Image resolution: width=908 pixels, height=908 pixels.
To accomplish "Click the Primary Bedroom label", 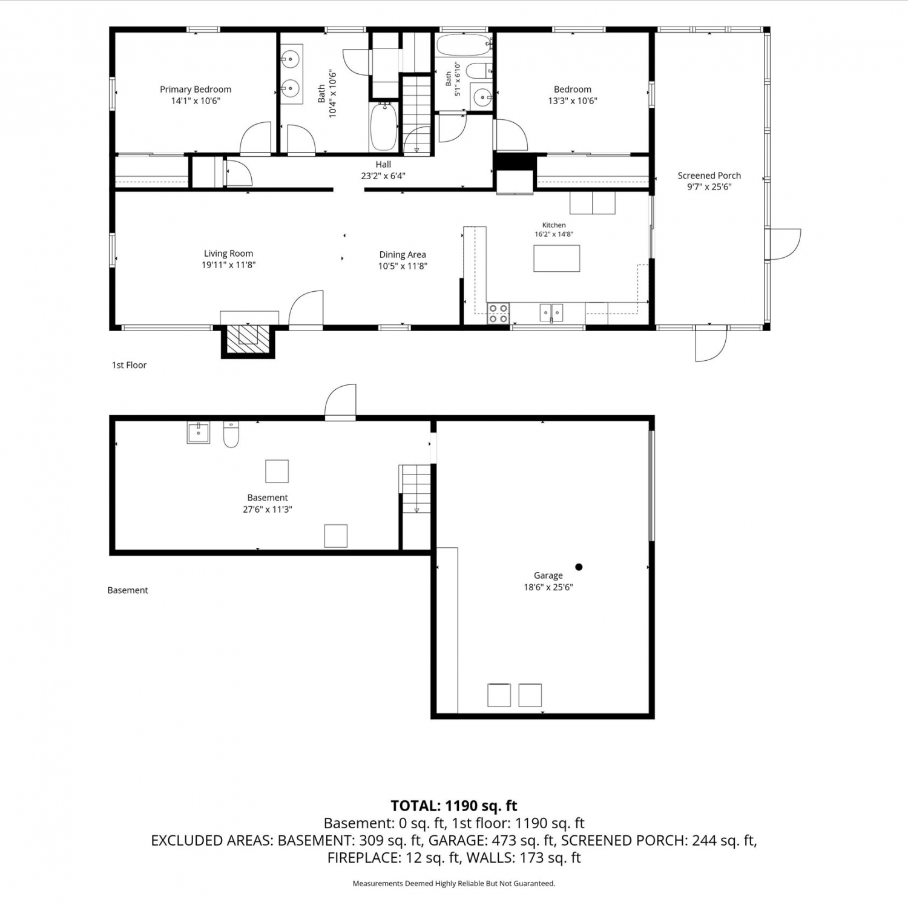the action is pos(196,90).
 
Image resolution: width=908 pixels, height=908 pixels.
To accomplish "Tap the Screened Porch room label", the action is pos(709,176).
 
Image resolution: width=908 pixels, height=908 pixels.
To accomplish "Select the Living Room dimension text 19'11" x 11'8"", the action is pos(228,265).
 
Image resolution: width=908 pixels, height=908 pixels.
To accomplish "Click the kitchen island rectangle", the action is pos(557,258).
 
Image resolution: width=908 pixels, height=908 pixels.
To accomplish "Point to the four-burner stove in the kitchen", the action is pos(499,313).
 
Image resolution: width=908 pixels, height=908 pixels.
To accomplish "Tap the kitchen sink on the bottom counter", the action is pos(551,313).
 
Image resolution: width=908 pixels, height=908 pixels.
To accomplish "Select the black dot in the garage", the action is pos(579,567).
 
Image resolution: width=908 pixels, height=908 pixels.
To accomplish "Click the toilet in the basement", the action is pos(231,434).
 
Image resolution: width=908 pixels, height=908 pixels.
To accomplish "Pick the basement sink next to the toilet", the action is pos(199,433).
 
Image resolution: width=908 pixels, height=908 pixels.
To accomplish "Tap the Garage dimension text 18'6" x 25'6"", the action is pos(548,587).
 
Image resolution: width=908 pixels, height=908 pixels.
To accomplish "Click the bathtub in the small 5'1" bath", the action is pos(463,45).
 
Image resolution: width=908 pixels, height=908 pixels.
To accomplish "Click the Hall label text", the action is pos(383,165).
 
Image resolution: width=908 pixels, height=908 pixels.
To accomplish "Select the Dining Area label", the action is pos(403,255).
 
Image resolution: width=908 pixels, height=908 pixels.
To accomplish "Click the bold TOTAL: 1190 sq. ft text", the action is pos(454,806).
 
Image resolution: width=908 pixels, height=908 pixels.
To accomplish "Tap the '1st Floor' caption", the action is pos(129,365).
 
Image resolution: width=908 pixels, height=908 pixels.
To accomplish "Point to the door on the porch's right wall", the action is pos(783,245).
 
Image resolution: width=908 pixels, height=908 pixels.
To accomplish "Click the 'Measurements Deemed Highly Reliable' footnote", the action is pos(454,884).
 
